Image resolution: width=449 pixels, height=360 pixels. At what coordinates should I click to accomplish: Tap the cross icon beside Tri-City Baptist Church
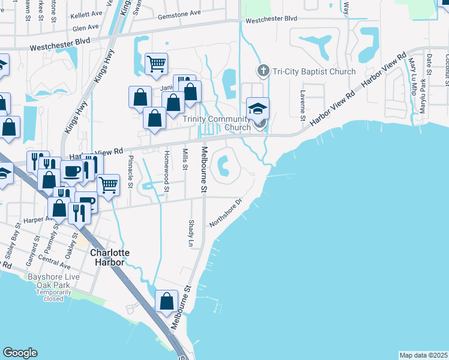(262, 71)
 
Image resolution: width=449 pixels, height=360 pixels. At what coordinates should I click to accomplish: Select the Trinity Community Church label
(217, 123)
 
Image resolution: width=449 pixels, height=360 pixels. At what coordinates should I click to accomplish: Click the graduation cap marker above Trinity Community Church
(258, 109)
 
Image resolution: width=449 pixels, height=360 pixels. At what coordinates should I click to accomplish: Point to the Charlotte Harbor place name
(110, 258)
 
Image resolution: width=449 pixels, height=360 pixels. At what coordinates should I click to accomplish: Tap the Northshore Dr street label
(225, 213)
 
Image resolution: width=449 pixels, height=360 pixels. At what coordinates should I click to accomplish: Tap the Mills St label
(186, 158)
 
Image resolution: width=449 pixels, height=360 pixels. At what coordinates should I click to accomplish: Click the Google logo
(20, 353)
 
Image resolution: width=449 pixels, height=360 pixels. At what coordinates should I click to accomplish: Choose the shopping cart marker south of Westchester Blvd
(156, 64)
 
